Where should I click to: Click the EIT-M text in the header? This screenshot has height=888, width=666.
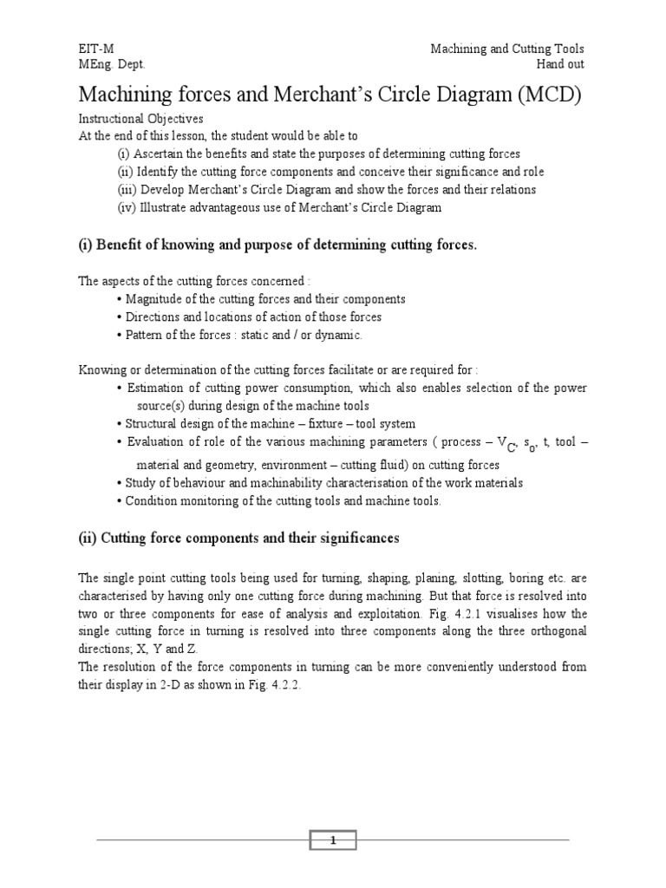pyautogui.click(x=95, y=49)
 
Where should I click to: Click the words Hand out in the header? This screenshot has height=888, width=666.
pyautogui.click(x=560, y=64)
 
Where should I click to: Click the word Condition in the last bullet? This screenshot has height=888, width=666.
pyautogui.click(x=153, y=501)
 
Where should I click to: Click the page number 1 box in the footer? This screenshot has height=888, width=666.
pyautogui.click(x=332, y=840)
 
